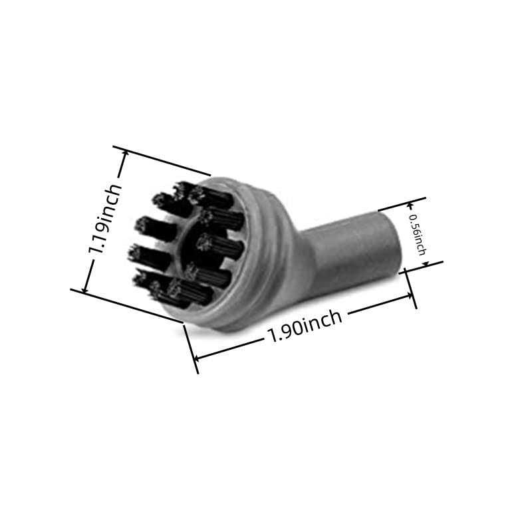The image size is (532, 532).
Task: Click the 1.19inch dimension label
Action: click(105, 219)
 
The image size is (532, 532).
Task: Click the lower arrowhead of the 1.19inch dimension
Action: click(85, 287)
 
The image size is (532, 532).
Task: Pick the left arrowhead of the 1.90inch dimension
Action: click(198, 357)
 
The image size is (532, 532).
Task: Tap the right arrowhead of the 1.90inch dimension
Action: click(408, 296)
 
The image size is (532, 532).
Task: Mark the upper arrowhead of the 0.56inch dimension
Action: click(410, 205)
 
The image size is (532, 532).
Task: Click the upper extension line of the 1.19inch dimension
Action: click(162, 161)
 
